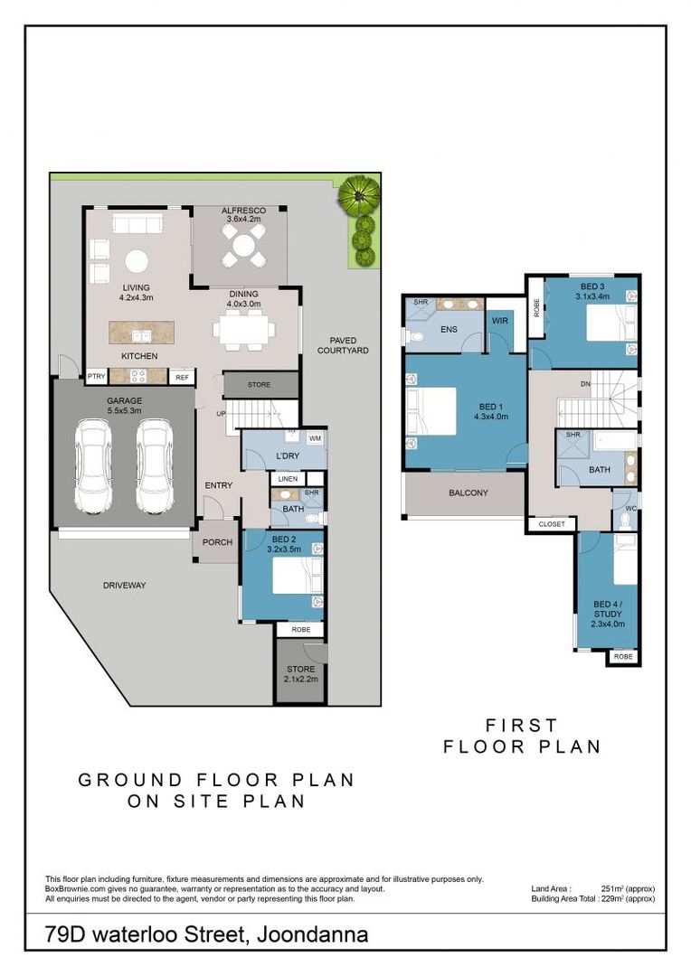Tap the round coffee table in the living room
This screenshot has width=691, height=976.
137,261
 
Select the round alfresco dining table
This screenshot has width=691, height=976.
243,245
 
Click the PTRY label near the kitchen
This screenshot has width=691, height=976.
97,376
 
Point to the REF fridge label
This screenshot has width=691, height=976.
182,377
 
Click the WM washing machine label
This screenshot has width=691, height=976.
316,438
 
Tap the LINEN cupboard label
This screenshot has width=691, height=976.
288,479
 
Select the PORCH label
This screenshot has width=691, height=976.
217,542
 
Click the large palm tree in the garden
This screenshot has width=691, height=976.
359,195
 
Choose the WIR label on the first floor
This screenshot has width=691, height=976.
500,321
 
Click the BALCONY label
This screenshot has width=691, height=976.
469,493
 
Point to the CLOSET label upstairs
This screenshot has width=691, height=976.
552,524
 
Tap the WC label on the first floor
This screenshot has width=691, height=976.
630,509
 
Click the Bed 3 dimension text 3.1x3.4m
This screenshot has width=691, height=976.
592,296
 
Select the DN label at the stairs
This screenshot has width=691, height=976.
585,384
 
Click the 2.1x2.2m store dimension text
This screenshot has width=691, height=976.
301,679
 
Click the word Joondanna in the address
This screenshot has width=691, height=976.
312,934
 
